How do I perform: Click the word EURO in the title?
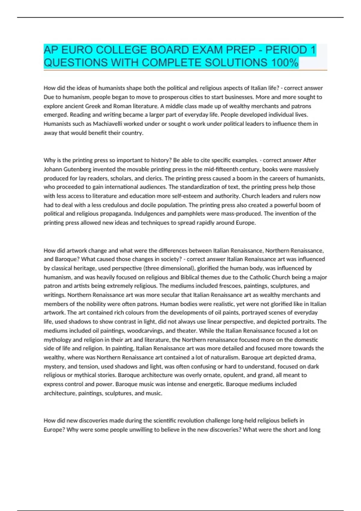[77, 50]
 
